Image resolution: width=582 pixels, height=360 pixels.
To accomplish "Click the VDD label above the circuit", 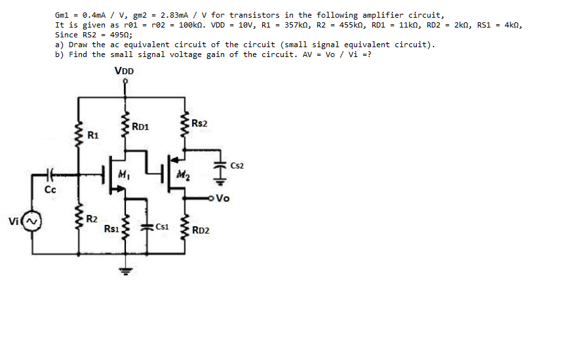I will coord(124,71).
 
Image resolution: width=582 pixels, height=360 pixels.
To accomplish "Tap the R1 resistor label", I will coord(93,136).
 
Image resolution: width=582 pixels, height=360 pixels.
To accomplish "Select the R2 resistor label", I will coord(93,218).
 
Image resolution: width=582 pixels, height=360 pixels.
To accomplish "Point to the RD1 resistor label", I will coord(140,127).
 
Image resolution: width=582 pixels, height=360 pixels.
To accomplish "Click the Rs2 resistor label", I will coord(199,124).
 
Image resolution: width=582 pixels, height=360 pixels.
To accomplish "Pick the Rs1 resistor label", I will coord(111,229).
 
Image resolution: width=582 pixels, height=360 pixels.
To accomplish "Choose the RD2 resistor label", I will coord(201,230).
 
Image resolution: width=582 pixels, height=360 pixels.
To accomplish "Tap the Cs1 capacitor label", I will coord(163,227).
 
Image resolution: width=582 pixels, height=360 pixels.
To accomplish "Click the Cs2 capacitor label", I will coord(237,166).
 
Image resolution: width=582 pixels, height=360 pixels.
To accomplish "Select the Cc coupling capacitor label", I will coord(50,190).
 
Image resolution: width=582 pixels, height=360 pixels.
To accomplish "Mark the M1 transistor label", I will coord(125,174).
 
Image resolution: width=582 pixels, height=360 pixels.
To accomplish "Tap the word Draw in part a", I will coord(78,45).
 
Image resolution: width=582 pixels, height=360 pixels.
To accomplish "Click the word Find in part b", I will coord(78,54).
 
